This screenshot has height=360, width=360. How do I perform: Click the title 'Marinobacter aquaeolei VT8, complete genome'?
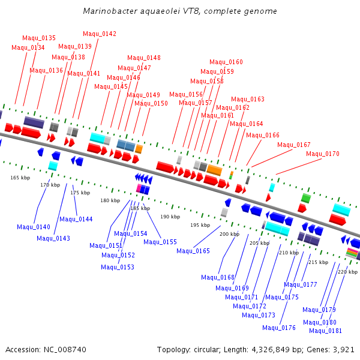(x=180, y=11)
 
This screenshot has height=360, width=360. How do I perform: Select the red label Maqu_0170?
(x=323, y=154)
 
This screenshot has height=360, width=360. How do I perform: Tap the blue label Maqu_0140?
(x=34, y=227)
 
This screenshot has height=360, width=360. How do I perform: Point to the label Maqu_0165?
(x=193, y=251)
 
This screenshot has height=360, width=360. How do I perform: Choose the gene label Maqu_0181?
(x=326, y=331)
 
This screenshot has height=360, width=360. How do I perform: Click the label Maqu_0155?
(x=160, y=242)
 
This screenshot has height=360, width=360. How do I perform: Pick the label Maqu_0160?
(x=226, y=62)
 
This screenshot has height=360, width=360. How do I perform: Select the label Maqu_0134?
(x=28, y=47)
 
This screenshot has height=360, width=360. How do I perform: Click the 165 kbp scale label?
(x=20, y=178)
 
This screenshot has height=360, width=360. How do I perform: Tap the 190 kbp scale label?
(x=170, y=217)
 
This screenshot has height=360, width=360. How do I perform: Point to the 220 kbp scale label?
(x=347, y=272)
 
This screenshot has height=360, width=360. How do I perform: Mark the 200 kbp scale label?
(x=229, y=234)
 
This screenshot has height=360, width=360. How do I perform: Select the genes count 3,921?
(x=343, y=349)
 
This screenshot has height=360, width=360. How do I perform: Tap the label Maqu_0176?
(x=279, y=328)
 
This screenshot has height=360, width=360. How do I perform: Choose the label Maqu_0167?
(x=294, y=145)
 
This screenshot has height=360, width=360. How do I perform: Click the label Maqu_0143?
(x=53, y=238)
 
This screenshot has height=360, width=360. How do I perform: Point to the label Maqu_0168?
(x=218, y=277)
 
